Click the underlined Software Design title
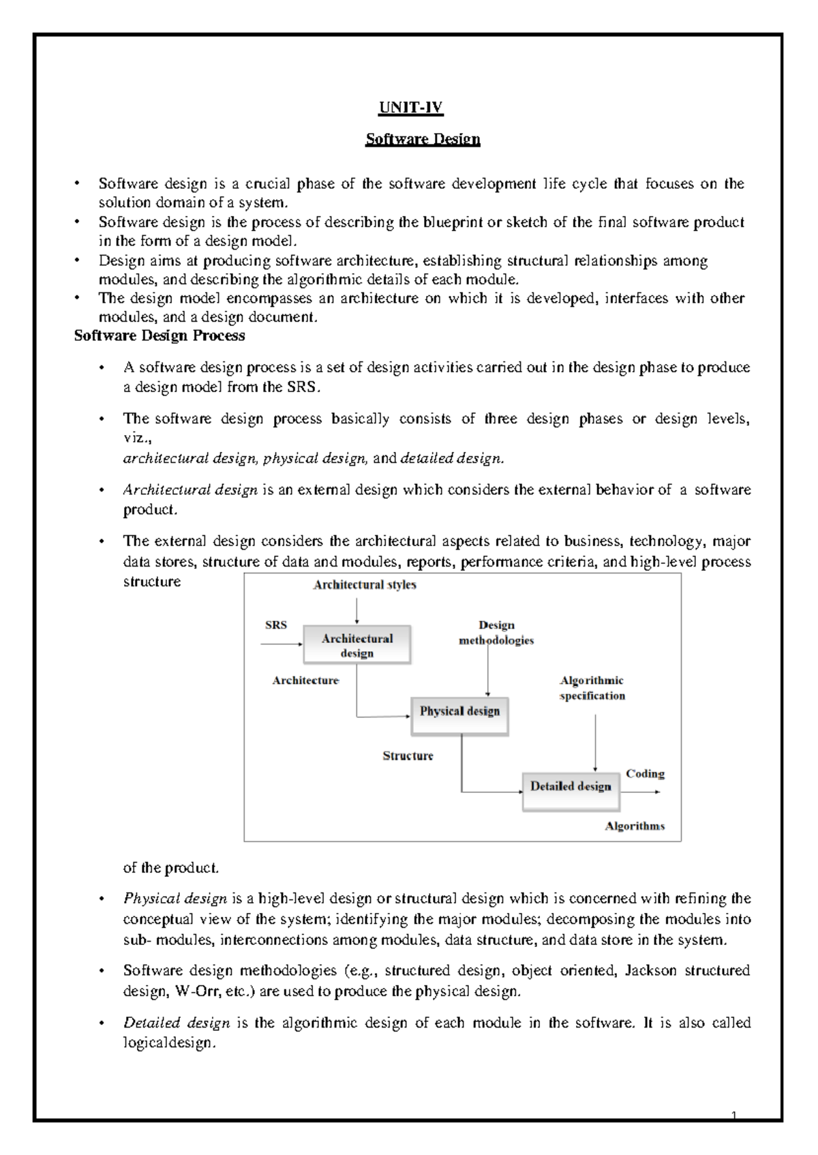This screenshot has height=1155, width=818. click(423, 139)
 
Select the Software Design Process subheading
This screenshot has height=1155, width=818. click(159, 335)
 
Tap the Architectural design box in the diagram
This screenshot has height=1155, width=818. click(357, 645)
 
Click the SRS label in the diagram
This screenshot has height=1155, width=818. click(275, 625)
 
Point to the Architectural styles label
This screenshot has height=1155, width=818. click(364, 585)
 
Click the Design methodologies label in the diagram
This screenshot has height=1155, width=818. click(496, 633)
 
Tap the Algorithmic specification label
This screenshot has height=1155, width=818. click(592, 688)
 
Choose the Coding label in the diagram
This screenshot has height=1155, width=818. click(645, 773)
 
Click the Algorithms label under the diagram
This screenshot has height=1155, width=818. click(635, 826)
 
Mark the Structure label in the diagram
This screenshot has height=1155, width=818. click(408, 755)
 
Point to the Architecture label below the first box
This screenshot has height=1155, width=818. click(305, 680)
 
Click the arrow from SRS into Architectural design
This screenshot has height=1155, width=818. click(281, 643)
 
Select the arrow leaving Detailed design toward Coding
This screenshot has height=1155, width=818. click(641, 792)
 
